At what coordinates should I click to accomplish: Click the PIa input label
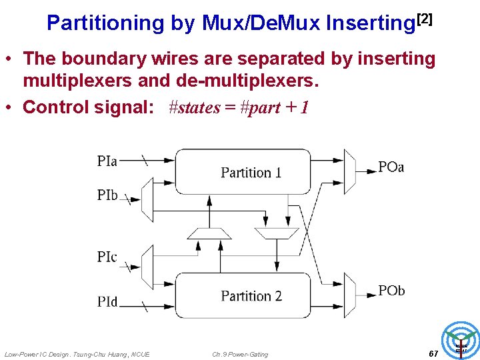[x=107, y=161]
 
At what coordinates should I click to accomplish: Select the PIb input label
[x=107, y=195]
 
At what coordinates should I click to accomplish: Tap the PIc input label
[x=107, y=257]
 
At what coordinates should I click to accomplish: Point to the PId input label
[x=107, y=302]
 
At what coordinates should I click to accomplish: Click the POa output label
[x=391, y=167]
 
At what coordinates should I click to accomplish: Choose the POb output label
[x=391, y=291]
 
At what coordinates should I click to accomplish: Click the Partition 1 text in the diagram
[x=251, y=173]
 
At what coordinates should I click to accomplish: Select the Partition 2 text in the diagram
[x=251, y=295]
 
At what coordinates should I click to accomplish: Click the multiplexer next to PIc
[x=147, y=267]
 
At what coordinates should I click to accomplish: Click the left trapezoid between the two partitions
[x=209, y=233]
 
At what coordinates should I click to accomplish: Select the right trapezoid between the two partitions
[x=277, y=233]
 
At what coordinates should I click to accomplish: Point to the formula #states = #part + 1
[x=239, y=107]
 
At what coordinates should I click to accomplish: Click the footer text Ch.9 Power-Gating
[x=240, y=354]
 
